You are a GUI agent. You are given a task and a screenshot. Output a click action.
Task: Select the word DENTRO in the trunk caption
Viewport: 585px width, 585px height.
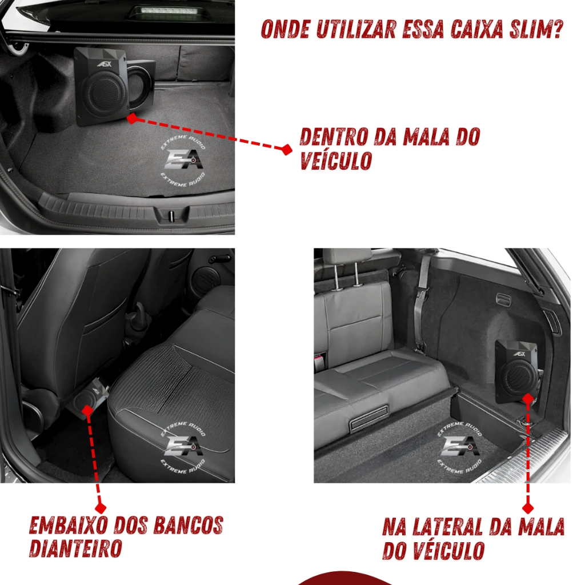tap(334, 137)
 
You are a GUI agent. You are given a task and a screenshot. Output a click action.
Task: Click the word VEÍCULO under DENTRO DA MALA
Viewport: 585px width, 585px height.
tap(336, 161)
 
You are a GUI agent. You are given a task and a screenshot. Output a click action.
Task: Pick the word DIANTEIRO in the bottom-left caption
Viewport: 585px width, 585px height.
tap(76, 548)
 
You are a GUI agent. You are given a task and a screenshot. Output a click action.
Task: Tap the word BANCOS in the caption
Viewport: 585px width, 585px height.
tap(188, 525)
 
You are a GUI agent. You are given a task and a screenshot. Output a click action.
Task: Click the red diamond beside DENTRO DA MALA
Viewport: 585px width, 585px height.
tap(286, 150)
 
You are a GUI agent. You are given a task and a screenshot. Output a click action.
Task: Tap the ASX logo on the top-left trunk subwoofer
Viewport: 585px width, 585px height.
tap(105, 64)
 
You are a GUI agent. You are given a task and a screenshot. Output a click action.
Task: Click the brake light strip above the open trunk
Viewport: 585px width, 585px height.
tap(169, 10)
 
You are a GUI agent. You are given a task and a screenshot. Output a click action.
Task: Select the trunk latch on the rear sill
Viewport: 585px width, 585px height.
tap(171, 216)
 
